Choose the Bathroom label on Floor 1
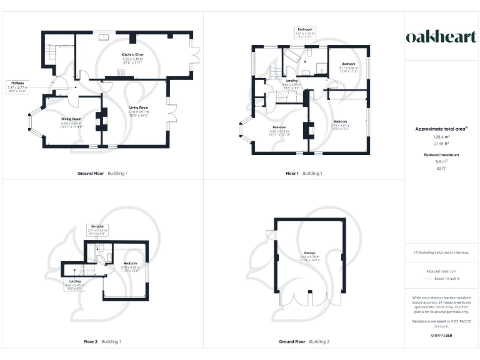point(305,29)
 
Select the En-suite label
point(97,226)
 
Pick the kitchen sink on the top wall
point(103,36)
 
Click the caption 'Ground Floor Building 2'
point(304,342)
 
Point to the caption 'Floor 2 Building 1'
point(102,342)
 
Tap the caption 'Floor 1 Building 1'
point(304,172)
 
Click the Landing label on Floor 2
point(74,281)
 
